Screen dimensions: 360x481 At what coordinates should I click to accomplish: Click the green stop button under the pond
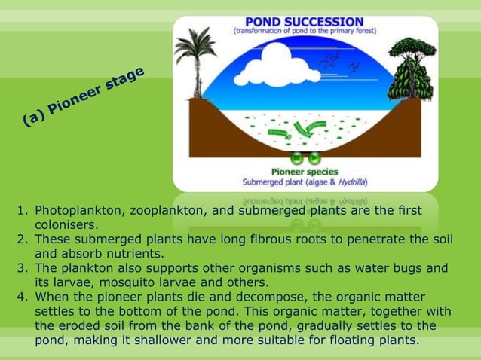point(297,159)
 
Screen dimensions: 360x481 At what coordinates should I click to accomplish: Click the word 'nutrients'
point(132,253)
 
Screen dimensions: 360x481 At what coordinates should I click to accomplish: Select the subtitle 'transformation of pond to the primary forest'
point(305,32)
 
